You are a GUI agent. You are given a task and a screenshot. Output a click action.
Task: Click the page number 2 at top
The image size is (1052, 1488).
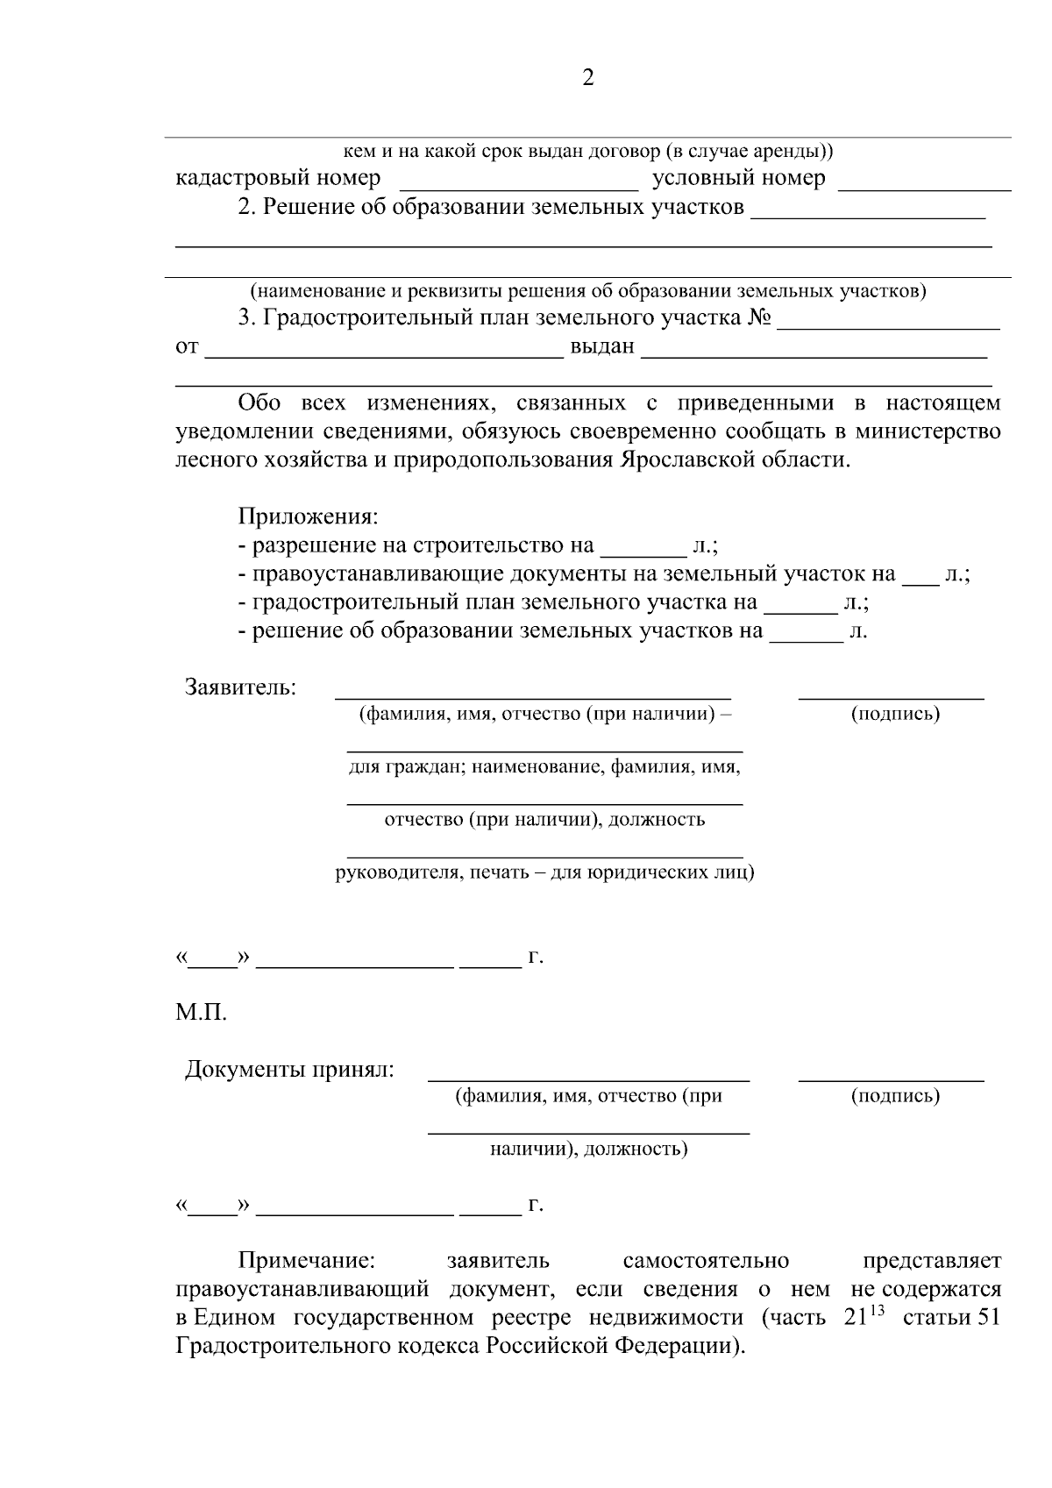pyautogui.click(x=588, y=79)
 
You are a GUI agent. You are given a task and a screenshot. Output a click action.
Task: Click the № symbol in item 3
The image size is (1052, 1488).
pyautogui.click(x=759, y=317)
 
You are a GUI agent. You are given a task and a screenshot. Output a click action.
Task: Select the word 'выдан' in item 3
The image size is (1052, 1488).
pyautogui.click(x=602, y=346)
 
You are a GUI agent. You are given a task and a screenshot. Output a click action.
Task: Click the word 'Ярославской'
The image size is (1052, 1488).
pyautogui.click(x=686, y=460)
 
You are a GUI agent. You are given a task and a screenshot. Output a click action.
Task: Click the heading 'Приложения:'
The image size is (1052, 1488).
pyautogui.click(x=308, y=517)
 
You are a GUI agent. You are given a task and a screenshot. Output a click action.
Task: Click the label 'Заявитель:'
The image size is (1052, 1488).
pyautogui.click(x=240, y=687)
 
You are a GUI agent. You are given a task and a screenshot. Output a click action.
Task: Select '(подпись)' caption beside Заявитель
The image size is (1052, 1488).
pyautogui.click(x=895, y=714)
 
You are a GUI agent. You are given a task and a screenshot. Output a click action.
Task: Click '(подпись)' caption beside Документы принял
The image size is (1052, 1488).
pyautogui.click(x=895, y=1096)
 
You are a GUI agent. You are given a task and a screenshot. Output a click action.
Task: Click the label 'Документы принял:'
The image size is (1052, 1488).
pyautogui.click(x=289, y=1070)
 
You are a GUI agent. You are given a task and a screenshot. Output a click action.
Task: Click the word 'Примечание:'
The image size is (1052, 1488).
pyautogui.click(x=307, y=1261)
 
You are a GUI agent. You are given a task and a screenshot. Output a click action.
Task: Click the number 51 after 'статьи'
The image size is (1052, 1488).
pyautogui.click(x=987, y=1318)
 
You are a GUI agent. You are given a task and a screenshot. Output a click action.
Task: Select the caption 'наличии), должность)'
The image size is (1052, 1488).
pyautogui.click(x=588, y=1149)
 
